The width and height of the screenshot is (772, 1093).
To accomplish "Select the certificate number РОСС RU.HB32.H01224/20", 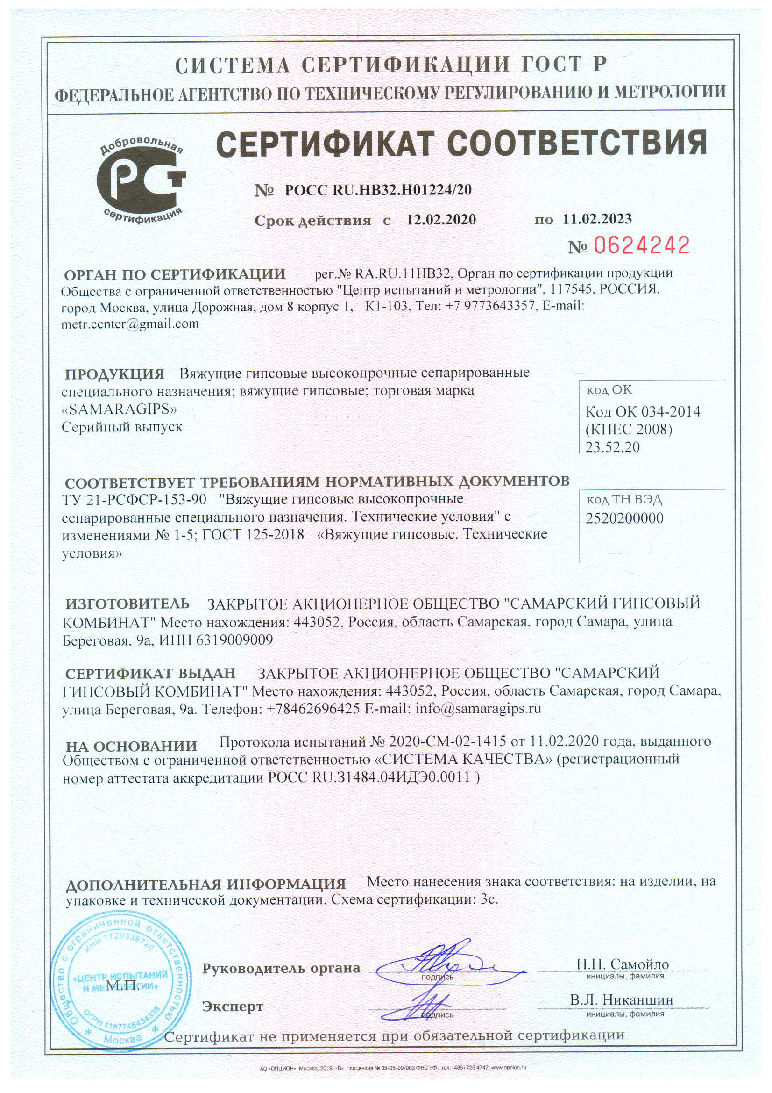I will (x=378, y=190).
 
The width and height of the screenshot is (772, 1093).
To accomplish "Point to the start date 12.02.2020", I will (x=441, y=219).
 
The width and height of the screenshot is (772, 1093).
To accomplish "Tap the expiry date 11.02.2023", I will (x=597, y=219).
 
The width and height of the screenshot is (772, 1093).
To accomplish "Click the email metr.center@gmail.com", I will (x=130, y=324).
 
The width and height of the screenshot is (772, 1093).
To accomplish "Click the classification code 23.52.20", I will (x=612, y=447).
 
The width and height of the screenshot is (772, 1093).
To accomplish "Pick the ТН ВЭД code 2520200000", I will (x=624, y=518).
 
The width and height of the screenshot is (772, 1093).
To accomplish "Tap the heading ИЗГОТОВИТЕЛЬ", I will (x=127, y=604).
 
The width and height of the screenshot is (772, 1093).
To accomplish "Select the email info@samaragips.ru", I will (x=478, y=708).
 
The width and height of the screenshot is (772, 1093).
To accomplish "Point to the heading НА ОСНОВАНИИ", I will (x=131, y=746).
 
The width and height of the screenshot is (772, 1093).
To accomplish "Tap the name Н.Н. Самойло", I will (x=623, y=964).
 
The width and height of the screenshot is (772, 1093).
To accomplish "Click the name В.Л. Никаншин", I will (x=621, y=1000).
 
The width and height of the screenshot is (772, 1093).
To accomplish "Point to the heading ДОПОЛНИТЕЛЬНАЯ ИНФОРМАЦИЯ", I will (x=205, y=884).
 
